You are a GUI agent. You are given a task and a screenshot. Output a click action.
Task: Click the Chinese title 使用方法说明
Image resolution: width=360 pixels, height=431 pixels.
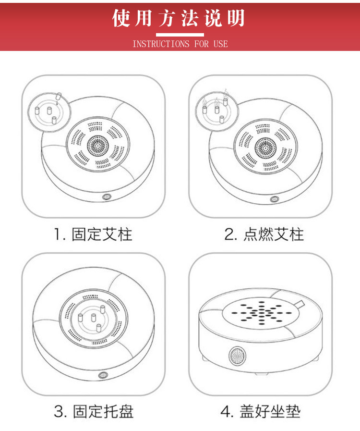178,18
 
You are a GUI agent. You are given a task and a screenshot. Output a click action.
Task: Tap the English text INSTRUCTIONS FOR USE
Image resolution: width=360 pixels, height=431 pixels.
180,44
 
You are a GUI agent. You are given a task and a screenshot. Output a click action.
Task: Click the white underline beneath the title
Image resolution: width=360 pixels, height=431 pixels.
180,35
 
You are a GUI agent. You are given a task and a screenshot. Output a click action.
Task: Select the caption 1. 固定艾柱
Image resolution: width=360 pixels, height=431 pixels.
93,234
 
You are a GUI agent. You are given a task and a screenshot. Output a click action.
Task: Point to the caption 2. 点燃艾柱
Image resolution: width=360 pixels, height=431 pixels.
264,234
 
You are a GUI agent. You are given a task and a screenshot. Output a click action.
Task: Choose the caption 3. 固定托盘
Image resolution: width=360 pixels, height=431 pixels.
94,411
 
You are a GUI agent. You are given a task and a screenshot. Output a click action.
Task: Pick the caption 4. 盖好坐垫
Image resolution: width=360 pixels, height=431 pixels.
260,411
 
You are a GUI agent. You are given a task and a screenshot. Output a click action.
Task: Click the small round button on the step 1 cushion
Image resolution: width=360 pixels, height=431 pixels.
106,197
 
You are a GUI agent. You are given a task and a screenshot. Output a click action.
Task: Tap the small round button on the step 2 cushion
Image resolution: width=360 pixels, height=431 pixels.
274,199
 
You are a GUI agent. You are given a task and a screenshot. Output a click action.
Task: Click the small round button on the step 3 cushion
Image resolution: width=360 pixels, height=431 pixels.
103,375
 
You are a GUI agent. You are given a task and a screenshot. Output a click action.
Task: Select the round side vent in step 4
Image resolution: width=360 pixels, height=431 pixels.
237,356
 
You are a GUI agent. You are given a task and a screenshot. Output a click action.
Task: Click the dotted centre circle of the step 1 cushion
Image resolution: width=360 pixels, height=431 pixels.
98,146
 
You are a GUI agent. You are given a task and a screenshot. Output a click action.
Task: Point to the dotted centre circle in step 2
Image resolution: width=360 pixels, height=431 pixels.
265,148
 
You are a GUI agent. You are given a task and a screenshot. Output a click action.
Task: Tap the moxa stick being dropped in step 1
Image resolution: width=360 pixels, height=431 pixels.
58,96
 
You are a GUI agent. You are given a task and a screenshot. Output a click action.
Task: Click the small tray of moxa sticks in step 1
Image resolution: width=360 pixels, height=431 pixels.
49,112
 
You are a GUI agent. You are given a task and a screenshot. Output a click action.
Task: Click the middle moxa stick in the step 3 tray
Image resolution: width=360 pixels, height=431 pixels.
94,318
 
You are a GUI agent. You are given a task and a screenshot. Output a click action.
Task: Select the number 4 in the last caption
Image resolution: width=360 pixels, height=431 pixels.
226,412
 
